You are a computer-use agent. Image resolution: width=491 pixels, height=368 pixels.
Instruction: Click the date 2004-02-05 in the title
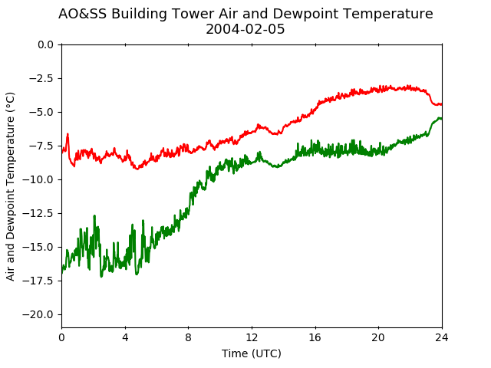pyautogui.click(x=245, y=29)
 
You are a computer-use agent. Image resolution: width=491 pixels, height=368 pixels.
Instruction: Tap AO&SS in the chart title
pyautogui.click(x=82, y=14)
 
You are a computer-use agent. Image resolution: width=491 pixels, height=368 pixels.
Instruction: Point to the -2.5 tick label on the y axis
pyautogui.click(x=41, y=78)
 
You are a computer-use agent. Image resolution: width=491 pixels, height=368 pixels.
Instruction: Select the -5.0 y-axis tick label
pyautogui.click(x=41, y=112)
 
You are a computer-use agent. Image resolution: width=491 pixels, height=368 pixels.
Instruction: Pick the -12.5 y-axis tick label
pyautogui.click(x=38, y=213)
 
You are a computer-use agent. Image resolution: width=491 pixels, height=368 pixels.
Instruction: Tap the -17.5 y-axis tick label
pyautogui.click(x=38, y=281)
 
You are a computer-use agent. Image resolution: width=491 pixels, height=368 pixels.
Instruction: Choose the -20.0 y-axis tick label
pyautogui.click(x=38, y=314)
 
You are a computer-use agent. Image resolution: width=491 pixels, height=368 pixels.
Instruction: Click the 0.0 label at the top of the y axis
pyautogui.click(x=45, y=44)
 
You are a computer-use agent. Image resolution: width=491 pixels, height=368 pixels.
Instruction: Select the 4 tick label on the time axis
pyautogui.click(x=125, y=337)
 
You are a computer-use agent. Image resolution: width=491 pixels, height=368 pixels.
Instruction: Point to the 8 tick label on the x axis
pyautogui.click(x=189, y=337)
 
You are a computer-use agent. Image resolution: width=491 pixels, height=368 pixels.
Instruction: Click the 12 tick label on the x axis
pyautogui.click(x=252, y=337)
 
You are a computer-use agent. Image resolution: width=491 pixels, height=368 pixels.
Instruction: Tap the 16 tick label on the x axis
pyautogui.click(x=315, y=337)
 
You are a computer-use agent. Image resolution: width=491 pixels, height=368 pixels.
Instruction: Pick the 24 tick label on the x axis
pyautogui.click(x=442, y=337)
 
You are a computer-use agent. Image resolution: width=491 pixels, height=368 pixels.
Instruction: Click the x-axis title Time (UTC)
pyautogui.click(x=252, y=353)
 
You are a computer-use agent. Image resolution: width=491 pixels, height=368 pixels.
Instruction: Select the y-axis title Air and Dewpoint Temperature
pyautogui.click(x=10, y=186)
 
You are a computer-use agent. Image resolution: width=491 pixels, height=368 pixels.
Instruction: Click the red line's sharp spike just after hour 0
pyautogui.click(x=68, y=134)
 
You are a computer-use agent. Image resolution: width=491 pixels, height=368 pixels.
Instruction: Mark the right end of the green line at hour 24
pyautogui.click(x=442, y=118)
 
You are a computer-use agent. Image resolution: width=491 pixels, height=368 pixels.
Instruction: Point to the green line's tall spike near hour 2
pyautogui.click(x=94, y=216)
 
